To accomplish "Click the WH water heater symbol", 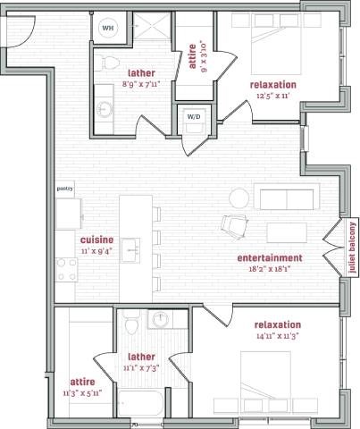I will [x=109, y=29].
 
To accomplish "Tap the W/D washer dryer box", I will [x=194, y=117].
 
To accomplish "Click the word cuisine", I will [x=96, y=240].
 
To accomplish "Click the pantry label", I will [x=64, y=189].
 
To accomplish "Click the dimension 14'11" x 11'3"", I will [x=278, y=336].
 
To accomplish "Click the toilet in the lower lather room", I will [x=130, y=322].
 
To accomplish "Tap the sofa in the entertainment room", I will [x=283, y=196].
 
